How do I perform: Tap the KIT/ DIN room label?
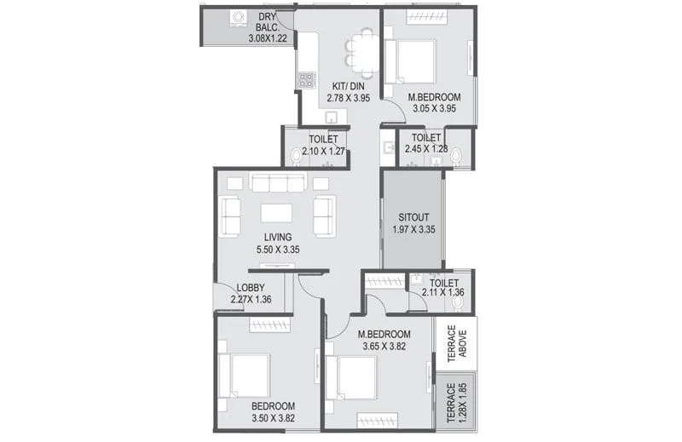pos(348,85)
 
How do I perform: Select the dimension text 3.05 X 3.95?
pos(434,109)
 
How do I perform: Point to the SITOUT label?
pos(412,215)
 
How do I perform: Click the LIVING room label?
pos(278,237)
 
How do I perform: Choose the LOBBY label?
pos(251,288)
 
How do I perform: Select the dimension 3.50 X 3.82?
pos(274,419)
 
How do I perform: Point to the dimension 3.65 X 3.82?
pos(384,347)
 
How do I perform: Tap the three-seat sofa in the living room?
pos(278,182)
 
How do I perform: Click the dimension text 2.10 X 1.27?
pos(323,151)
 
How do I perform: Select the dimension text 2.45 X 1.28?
pos(425,150)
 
